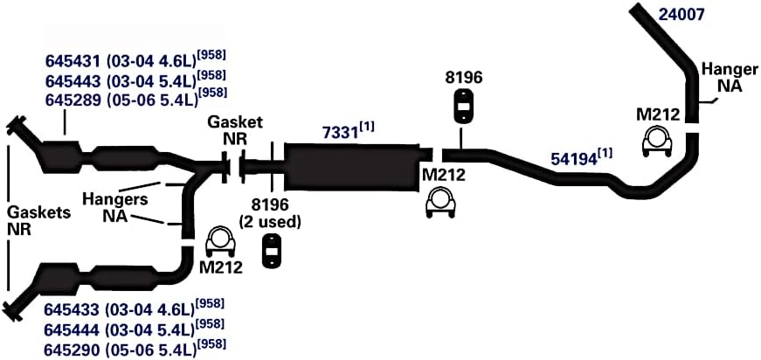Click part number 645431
(72, 61)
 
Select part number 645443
(72, 80)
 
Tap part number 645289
(72, 100)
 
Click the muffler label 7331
(340, 133)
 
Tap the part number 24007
(681, 15)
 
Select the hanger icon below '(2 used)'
(273, 251)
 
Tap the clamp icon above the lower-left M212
(221, 241)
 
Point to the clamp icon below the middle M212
(440, 203)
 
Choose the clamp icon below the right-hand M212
(657, 141)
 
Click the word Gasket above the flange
(235, 121)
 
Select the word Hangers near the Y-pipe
(115, 199)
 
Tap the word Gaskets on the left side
(39, 212)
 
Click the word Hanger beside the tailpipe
(730, 70)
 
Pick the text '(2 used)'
(270, 222)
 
